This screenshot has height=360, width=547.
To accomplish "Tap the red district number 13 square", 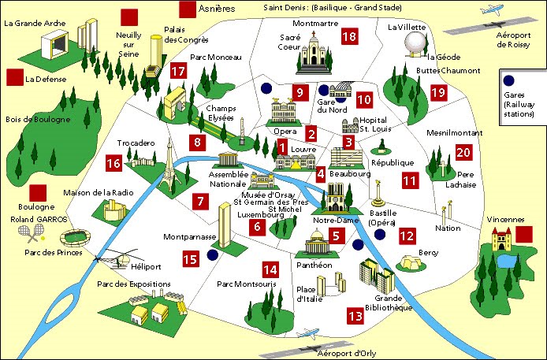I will tap(355, 316).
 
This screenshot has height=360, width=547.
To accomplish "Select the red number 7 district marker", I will tap(202, 201).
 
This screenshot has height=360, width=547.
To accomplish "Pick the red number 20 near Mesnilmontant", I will tap(463, 153).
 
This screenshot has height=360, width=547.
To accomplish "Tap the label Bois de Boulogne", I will tap(36, 120).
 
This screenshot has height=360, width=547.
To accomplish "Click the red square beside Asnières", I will tap(188, 9).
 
